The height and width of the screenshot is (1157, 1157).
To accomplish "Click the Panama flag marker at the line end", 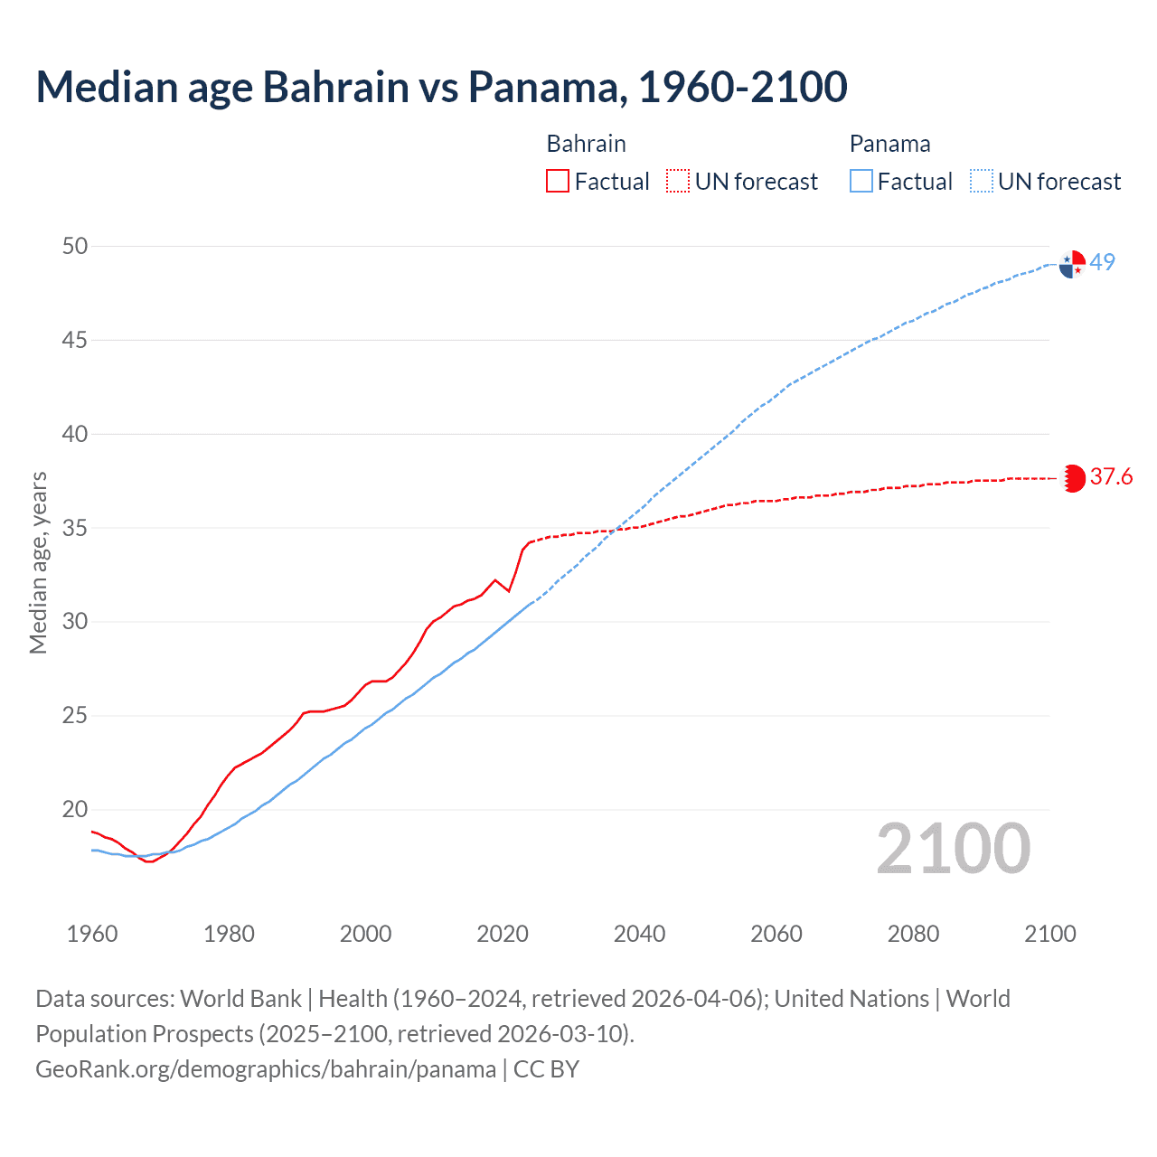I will click(1072, 264).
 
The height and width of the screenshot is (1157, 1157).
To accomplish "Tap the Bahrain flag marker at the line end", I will click(1073, 477).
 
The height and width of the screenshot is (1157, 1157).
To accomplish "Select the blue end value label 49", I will click(1102, 262).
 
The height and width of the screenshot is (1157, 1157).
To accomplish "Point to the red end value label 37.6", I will click(1111, 477).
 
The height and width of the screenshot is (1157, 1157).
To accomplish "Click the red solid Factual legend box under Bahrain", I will click(558, 182).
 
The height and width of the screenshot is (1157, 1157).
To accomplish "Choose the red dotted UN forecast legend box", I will click(678, 182).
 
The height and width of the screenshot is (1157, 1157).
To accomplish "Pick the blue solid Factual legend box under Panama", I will click(861, 182).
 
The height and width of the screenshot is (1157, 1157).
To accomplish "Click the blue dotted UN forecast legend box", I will click(981, 182).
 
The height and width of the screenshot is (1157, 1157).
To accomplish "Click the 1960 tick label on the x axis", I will click(92, 934).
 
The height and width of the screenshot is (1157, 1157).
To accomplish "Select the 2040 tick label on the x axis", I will click(639, 934).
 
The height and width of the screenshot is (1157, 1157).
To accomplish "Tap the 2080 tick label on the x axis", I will click(913, 934).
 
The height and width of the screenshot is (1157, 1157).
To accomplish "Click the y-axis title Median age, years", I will click(38, 562).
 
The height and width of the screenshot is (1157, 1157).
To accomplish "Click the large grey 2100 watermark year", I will click(953, 848).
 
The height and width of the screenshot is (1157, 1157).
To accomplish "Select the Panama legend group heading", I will click(889, 144).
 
